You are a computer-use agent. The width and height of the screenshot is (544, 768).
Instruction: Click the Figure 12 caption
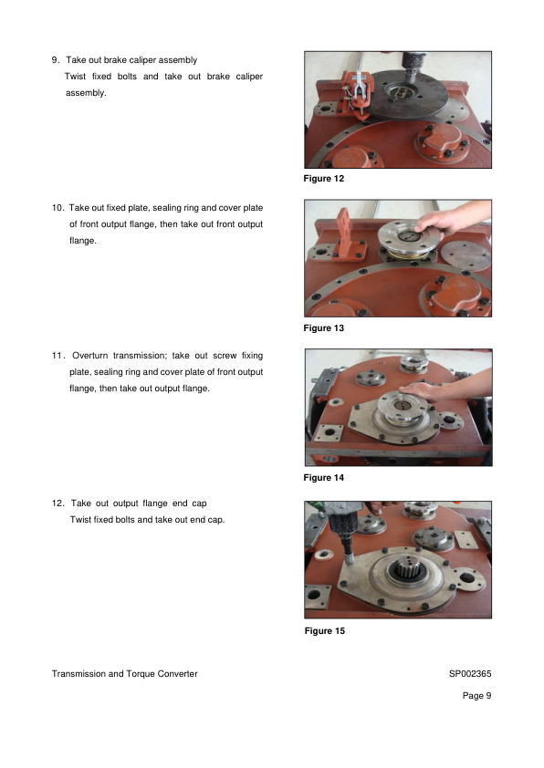tap(324, 178)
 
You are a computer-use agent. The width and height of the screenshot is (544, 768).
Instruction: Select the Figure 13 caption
tap(324, 327)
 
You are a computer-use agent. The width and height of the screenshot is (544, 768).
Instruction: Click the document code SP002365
tap(470, 673)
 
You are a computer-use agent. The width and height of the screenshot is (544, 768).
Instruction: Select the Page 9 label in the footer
tap(476, 696)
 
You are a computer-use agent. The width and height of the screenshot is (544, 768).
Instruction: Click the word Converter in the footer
tap(177, 673)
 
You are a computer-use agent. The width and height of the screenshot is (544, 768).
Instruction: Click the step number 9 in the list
tap(56, 60)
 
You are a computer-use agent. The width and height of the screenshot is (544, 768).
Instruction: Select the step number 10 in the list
tap(58, 208)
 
